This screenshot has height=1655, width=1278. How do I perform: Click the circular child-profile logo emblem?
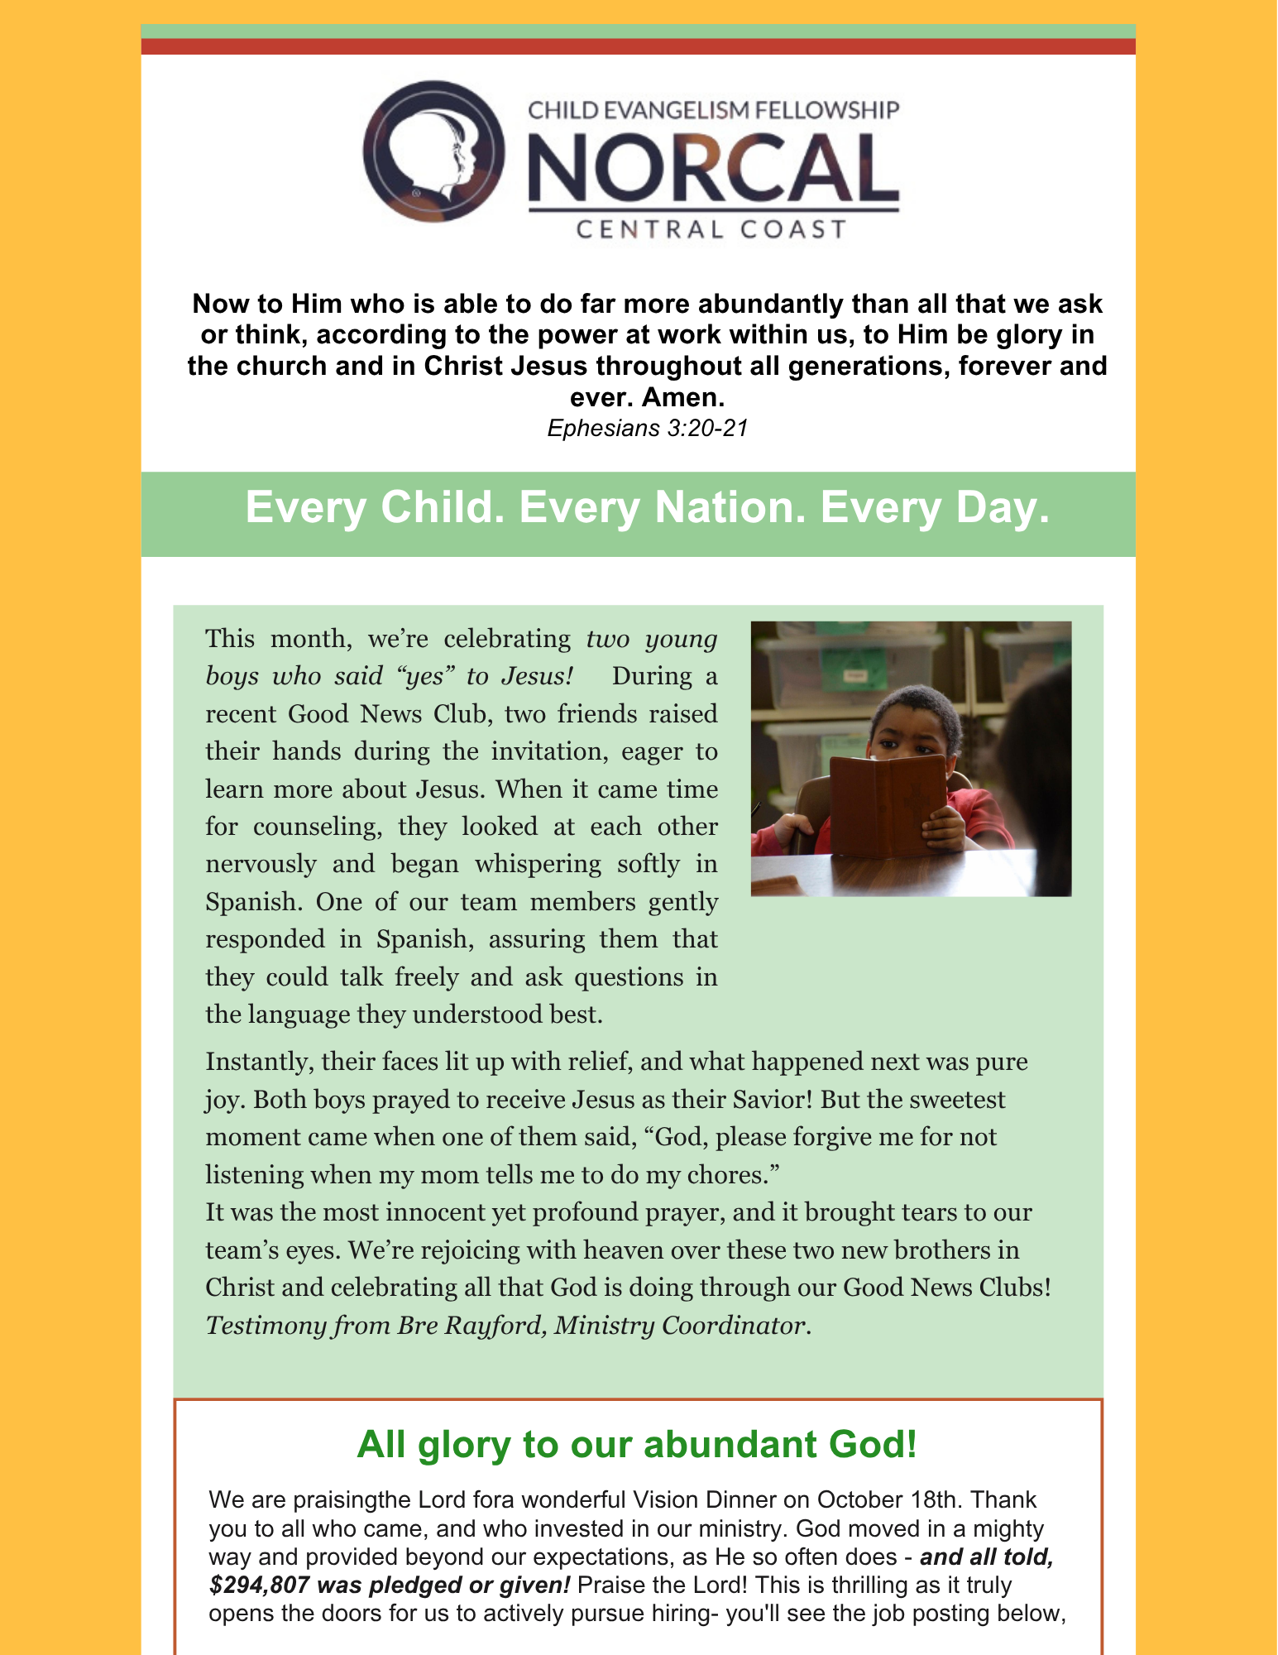coord(433,151)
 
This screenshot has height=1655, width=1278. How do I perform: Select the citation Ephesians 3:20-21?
coord(648,429)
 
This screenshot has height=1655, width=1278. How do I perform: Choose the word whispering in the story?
coord(568,864)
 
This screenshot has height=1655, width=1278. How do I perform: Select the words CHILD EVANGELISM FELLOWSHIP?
coord(713,110)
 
